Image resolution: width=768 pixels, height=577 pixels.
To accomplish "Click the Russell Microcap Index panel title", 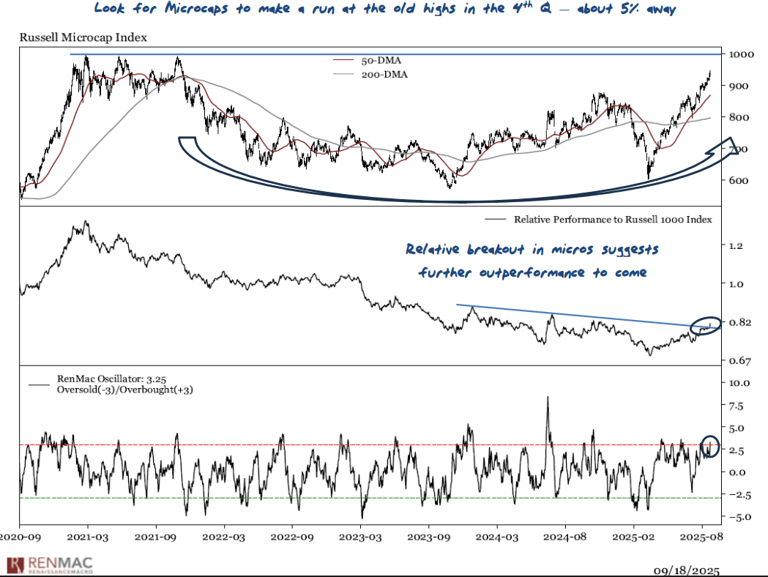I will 83,38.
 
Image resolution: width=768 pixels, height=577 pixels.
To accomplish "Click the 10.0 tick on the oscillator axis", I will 737,382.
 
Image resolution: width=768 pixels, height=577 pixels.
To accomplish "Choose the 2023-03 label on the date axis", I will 361,537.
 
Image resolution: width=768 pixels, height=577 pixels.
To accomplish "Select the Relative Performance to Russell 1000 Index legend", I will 613,219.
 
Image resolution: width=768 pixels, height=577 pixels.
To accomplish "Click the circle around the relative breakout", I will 706,326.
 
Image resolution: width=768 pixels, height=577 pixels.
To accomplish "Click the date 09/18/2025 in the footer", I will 686,570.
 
